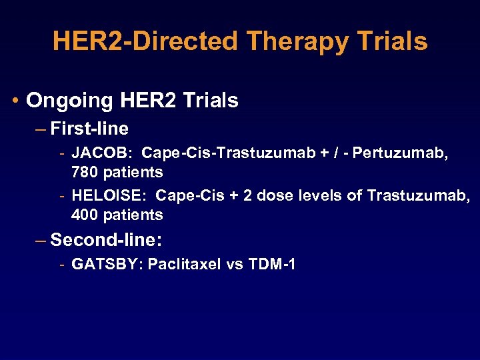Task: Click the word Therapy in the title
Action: (297, 41)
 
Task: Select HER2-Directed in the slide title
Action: (145, 41)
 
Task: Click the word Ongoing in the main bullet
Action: (70, 101)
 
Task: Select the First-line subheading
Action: (89, 128)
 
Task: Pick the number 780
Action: (84, 172)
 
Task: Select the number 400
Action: (84, 215)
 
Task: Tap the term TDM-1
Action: (271, 264)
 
